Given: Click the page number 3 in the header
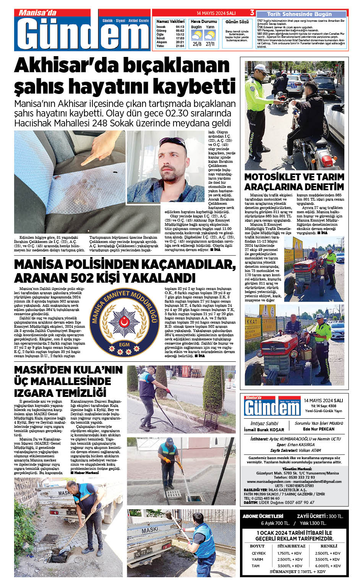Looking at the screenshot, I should (x=252, y=13).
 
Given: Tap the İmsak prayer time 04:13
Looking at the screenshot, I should (x=180, y=27).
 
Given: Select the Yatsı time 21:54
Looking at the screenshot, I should (x=180, y=46).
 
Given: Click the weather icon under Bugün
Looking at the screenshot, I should (x=196, y=36).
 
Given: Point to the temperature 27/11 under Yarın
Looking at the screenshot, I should (x=210, y=44).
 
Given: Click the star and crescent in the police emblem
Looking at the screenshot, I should (x=125, y=322).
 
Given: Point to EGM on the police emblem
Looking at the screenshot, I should (x=124, y=344).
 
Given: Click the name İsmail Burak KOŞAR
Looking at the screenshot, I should (x=264, y=429).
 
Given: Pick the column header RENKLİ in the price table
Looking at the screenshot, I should (x=329, y=546).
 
